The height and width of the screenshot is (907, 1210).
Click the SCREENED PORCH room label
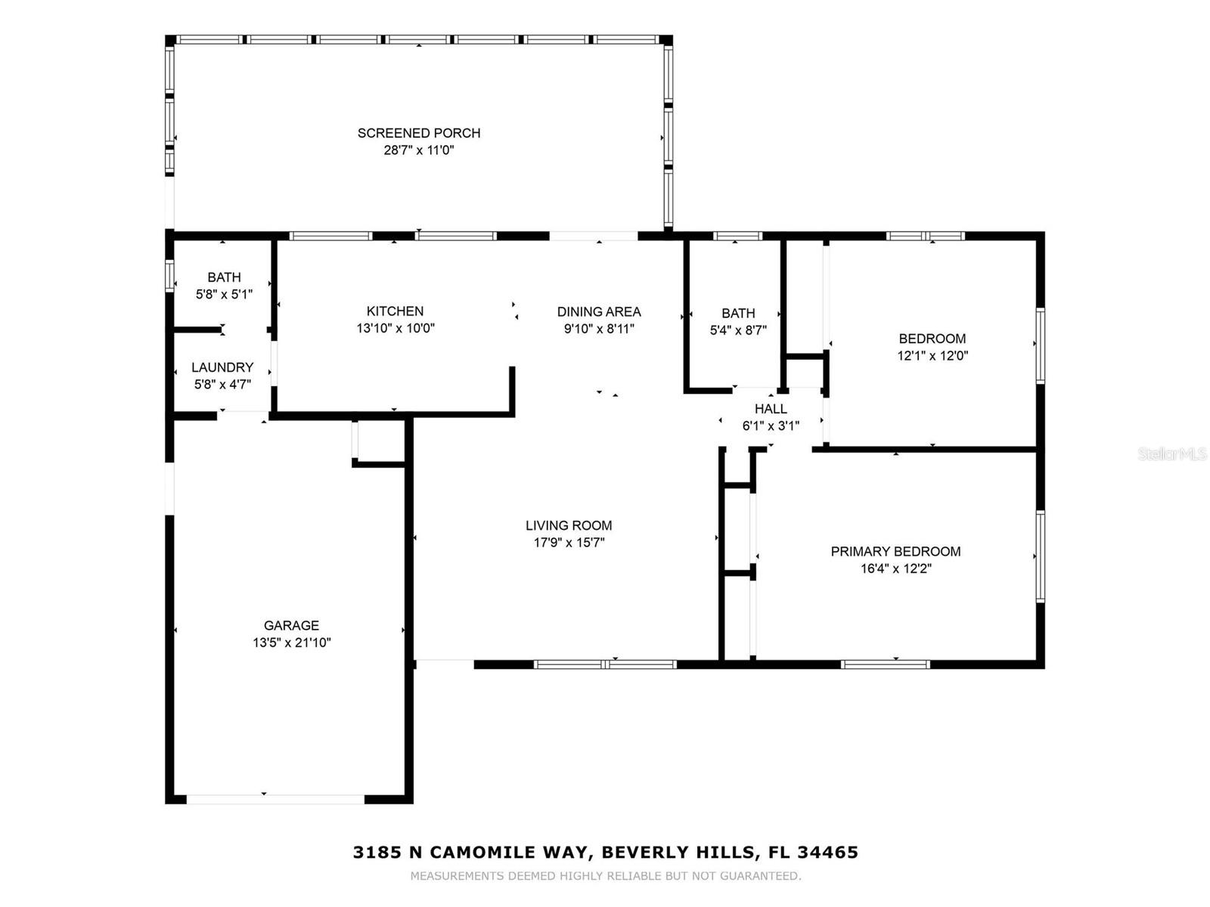(419, 133)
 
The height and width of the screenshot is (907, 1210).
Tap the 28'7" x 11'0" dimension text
(419, 150)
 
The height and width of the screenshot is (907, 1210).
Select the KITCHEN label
(396, 311)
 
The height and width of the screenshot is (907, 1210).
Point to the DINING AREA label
(599, 311)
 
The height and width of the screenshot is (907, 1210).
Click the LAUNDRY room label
(222, 367)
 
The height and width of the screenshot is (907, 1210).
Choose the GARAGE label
(292, 625)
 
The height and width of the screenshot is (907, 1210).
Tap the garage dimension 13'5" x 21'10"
(292, 642)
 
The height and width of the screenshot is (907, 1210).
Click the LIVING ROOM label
(569, 525)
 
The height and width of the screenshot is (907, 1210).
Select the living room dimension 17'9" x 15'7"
(569, 543)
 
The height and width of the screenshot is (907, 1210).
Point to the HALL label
(771, 409)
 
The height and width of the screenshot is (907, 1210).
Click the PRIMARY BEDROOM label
(896, 551)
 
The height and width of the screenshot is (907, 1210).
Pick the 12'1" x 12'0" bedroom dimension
(932, 355)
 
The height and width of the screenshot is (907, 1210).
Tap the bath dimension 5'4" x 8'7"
(738, 330)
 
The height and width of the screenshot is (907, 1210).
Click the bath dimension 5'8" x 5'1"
(225, 294)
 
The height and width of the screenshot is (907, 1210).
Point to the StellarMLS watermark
(1172, 453)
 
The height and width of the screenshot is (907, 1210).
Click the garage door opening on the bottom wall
(275, 799)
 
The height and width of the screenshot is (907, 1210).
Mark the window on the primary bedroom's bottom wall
(886, 664)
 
